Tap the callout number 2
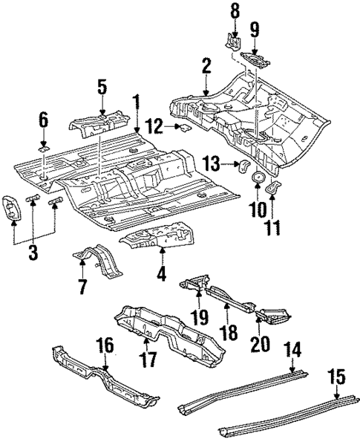coord(206,71)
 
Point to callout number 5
coord(102,87)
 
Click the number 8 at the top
coord(235,10)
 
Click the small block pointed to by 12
coord(182,129)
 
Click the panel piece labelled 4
coord(160,240)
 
